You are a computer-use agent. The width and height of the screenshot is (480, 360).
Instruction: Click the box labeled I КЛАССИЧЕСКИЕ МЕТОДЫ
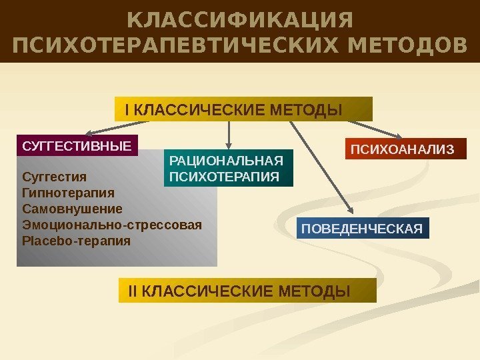pos(243,109)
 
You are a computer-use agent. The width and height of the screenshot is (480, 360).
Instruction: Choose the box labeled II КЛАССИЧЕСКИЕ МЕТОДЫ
pos(247,291)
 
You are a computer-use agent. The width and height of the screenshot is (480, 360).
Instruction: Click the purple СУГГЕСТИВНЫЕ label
pos(77,145)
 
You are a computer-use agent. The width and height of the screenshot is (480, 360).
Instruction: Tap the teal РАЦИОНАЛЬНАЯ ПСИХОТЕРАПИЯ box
pos(229,168)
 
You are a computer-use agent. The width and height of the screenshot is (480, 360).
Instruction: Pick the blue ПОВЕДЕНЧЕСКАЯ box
pos(362,229)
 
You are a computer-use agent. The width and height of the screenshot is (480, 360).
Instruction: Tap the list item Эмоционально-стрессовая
pos(111,224)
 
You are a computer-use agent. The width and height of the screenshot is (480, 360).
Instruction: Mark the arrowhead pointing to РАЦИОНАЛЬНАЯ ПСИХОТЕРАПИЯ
pos(229,144)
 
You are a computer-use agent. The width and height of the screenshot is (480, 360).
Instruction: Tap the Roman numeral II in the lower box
pos(132,291)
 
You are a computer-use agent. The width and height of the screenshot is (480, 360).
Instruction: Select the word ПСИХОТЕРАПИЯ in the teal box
pos(225,177)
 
